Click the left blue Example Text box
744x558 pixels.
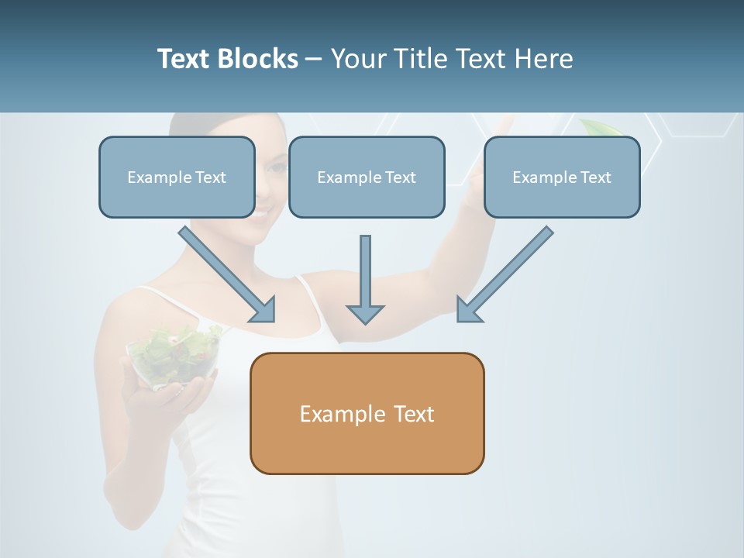(177, 177)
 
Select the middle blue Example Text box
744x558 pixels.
(367, 177)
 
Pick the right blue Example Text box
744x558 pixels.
(562, 177)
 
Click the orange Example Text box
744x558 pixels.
(367, 414)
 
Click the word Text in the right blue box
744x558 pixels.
(595, 177)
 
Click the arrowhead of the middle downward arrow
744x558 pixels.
(365, 313)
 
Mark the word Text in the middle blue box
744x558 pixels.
(400, 177)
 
